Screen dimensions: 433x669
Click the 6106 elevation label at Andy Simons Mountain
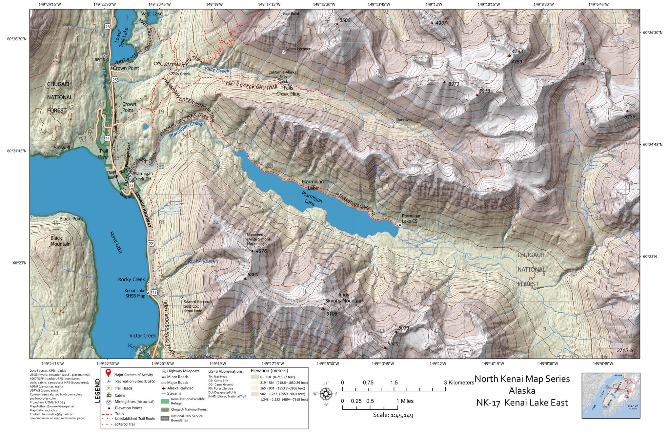[x=332, y=314]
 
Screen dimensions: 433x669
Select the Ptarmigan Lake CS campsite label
[x=412, y=218]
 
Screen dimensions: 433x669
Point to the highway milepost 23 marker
[x=132, y=186]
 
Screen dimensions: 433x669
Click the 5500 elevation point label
[x=345, y=20]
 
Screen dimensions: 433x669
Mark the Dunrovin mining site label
[x=404, y=120]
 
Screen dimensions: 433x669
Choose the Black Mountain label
[x=60, y=241]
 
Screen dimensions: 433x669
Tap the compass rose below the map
[x=326, y=394]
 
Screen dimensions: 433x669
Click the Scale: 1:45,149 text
[x=393, y=416]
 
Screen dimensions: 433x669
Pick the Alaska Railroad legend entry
[x=180, y=388]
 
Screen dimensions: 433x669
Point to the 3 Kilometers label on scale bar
[x=459, y=382]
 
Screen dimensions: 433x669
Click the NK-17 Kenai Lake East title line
[x=522, y=402]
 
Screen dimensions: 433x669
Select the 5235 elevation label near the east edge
[x=629, y=116]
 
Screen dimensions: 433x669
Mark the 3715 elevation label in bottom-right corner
[x=622, y=350]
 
